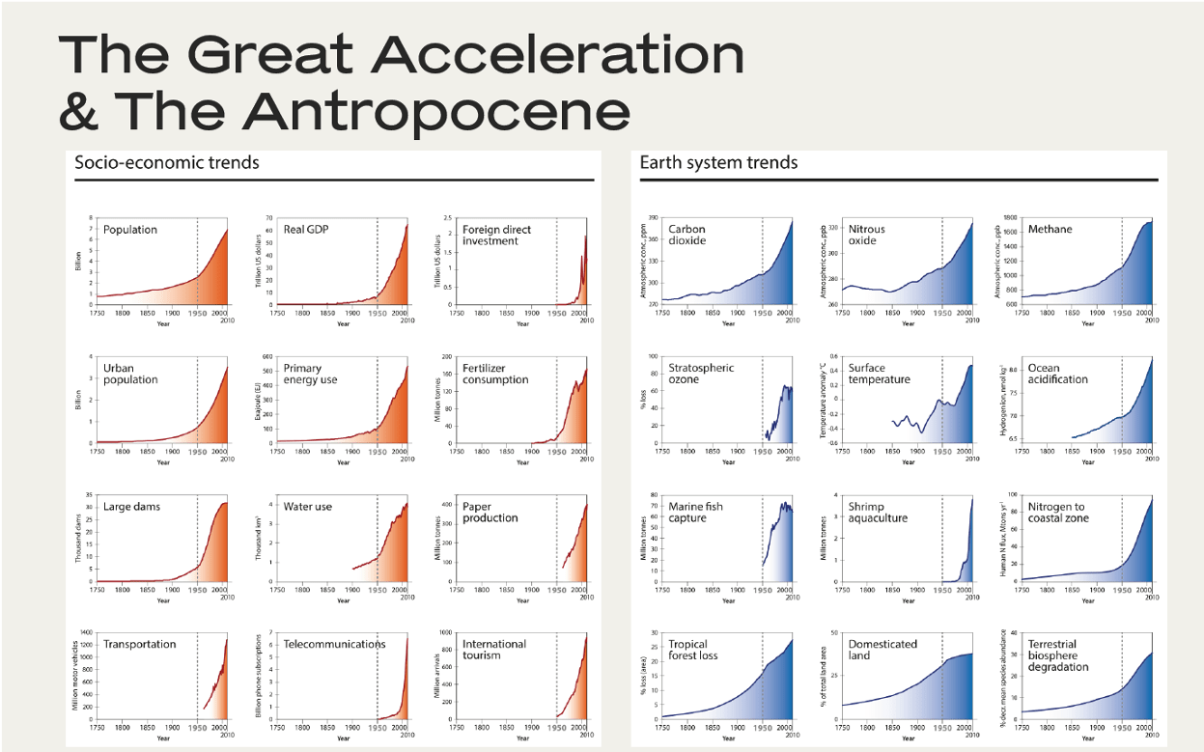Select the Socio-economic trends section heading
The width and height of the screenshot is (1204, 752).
tap(167, 162)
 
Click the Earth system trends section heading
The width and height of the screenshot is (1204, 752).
tap(718, 162)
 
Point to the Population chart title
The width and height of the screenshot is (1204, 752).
tap(129, 230)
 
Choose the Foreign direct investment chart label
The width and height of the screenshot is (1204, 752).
tap(496, 236)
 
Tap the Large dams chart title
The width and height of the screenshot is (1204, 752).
tap(131, 507)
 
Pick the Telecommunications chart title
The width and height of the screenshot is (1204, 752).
tap(334, 644)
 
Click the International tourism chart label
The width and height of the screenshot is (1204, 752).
tap(494, 650)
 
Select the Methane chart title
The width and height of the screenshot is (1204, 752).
tap(1050, 230)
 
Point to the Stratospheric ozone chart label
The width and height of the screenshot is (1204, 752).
tap(701, 374)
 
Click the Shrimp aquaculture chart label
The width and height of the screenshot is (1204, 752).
tap(878, 513)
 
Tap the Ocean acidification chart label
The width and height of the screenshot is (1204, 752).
tap(1057, 374)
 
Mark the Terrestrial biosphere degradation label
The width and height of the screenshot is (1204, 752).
tap(1058, 655)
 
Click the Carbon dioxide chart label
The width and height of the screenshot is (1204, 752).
tap(686, 236)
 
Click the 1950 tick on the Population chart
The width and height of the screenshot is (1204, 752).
tap(197, 313)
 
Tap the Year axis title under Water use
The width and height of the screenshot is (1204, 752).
tap(343, 600)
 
